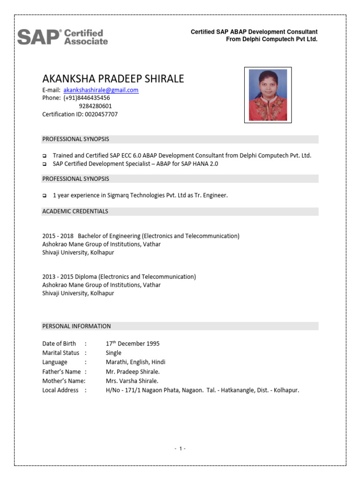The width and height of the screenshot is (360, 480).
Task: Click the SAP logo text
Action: click(39, 37)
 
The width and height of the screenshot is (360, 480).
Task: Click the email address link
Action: click(101, 90)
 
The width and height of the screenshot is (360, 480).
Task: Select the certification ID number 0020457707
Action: click(101, 114)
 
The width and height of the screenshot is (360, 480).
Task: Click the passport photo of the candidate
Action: click(268, 95)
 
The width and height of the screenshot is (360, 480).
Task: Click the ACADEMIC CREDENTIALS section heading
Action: click(75, 211)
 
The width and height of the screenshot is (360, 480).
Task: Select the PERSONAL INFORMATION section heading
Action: click(76, 326)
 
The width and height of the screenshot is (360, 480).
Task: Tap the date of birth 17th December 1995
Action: click(133, 344)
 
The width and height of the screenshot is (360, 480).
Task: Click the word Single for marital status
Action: click(113, 352)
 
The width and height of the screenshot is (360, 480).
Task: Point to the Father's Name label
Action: click(61, 371)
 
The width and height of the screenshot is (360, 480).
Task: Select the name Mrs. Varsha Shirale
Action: click(132, 381)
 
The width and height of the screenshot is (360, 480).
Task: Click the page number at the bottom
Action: click(180, 449)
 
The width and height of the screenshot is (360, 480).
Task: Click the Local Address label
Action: click(60, 390)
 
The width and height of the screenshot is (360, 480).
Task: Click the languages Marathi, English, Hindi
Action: click(135, 362)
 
